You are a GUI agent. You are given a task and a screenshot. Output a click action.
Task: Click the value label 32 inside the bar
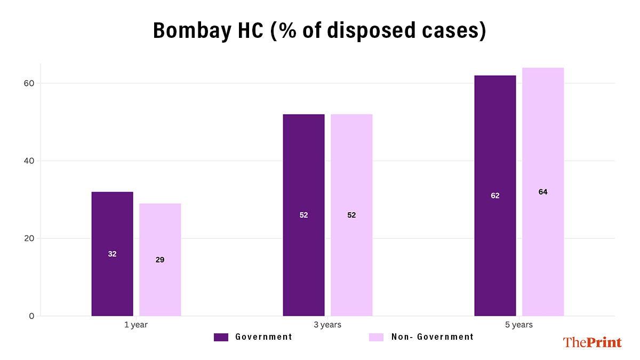click(112, 254)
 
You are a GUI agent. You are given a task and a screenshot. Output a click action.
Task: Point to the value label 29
click(160, 260)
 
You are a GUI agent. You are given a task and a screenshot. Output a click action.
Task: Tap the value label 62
click(495, 196)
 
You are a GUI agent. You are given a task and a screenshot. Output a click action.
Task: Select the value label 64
click(543, 192)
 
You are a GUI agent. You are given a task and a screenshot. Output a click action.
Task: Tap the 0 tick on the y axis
click(31, 316)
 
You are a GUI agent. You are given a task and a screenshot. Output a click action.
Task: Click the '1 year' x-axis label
click(136, 325)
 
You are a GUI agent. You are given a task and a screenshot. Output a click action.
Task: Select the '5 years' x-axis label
click(519, 325)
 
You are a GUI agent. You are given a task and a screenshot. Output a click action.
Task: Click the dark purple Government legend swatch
click(221, 337)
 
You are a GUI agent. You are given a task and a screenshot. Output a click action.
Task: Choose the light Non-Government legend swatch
click(377, 337)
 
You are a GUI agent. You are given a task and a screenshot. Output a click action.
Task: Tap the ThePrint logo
click(592, 342)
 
